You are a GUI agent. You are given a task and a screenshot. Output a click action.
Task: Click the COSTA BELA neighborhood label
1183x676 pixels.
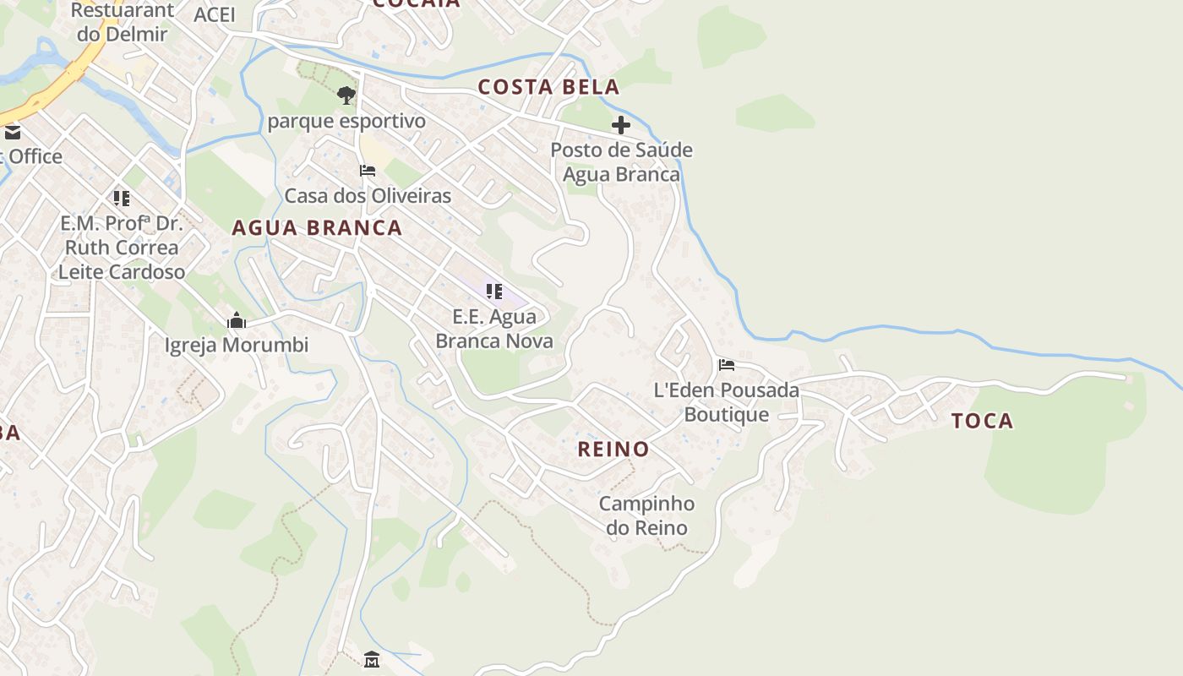pos(548,87)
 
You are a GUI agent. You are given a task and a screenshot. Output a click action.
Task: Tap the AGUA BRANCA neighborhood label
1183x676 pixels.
pos(317,228)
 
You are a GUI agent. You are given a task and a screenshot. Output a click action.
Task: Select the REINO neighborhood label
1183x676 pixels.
pos(613,450)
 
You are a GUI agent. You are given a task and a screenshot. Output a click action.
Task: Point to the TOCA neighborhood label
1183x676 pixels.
pos(982,421)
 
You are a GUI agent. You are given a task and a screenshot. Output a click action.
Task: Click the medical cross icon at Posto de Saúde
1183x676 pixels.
pos(621,126)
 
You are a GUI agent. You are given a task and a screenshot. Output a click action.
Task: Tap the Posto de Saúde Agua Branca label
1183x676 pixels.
pos(621,162)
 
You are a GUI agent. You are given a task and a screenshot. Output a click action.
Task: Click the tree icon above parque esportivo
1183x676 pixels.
pos(346,95)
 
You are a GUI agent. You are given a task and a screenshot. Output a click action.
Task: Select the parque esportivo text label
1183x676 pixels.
pos(346,122)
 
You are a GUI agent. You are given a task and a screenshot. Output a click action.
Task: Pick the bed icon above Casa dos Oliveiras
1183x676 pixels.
pos(368,171)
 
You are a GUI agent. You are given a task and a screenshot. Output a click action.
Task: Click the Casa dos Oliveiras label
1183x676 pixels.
pos(368,196)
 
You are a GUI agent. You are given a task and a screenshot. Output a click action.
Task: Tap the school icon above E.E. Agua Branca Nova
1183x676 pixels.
pos(494,292)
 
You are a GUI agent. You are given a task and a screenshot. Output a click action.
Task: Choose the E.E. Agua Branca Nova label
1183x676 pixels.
pos(494,329)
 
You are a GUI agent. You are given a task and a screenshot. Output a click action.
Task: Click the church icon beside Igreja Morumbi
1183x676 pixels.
pos(237,321)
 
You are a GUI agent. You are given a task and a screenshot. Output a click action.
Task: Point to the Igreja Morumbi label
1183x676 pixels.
pos(237,346)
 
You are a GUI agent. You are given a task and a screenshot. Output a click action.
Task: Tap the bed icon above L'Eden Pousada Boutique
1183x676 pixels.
pos(727,365)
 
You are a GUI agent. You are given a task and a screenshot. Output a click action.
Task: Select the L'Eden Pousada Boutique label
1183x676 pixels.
pos(727,402)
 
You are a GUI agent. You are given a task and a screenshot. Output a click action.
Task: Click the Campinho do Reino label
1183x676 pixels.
pos(647,515)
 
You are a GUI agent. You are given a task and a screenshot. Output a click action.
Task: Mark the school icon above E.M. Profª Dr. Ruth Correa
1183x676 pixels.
pos(122,199)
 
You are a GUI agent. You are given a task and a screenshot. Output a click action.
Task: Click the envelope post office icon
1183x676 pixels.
pos(12,133)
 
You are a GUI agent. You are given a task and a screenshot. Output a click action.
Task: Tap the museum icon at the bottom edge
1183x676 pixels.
pos(372,660)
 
